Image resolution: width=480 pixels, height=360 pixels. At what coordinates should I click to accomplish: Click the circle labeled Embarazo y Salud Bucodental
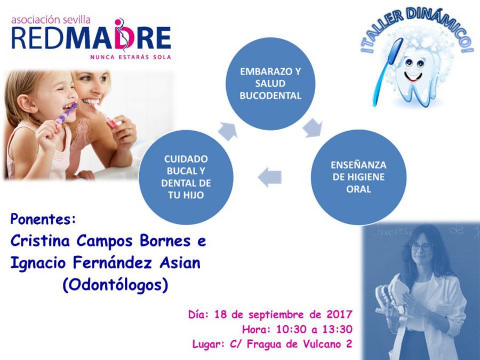click(x=270, y=84)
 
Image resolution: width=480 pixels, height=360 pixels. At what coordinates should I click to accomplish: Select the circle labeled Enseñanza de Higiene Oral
click(x=358, y=177)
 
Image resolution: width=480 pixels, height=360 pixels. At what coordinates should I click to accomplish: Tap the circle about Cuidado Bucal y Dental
click(x=186, y=177)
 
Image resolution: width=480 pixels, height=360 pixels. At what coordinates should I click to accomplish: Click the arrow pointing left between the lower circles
click(x=270, y=177)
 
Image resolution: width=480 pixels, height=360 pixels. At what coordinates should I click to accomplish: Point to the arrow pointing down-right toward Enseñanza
click(x=313, y=128)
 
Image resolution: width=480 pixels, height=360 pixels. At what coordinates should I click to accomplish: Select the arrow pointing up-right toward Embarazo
click(x=228, y=131)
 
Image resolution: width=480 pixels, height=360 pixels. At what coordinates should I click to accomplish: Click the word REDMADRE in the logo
click(x=91, y=38)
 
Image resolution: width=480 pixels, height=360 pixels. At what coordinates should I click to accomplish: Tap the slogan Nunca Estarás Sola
click(x=131, y=57)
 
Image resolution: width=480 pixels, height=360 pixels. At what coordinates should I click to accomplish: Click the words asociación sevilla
click(x=51, y=20)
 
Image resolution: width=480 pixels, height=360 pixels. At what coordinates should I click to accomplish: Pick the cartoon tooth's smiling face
click(x=413, y=70)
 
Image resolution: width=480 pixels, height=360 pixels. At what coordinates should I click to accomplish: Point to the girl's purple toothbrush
click(x=66, y=114)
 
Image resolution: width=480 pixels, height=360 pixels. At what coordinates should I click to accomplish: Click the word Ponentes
click(x=43, y=219)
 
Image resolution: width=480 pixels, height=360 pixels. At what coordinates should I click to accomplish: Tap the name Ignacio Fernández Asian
click(x=105, y=263)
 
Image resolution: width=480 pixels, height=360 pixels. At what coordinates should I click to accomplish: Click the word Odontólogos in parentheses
click(x=115, y=285)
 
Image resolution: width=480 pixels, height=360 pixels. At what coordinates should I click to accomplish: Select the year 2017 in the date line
click(x=340, y=314)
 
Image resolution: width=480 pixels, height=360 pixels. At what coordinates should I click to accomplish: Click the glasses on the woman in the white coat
click(x=421, y=247)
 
